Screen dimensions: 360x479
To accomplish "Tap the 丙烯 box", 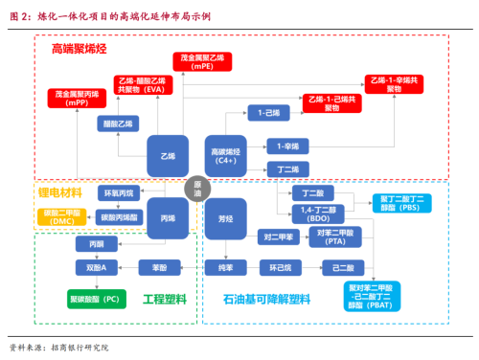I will [x=169, y=220].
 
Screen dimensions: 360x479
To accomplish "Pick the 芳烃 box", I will [x=226, y=220].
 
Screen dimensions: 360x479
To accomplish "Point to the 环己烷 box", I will [x=279, y=265].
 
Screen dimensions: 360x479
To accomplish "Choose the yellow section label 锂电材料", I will [x=61, y=192].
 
